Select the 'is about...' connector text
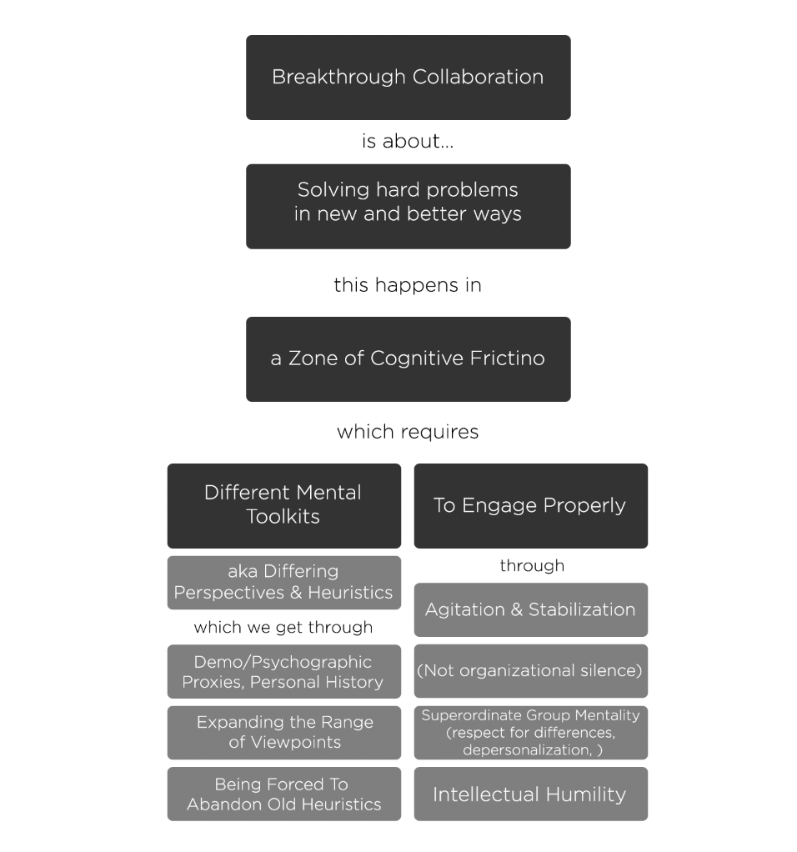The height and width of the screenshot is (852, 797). coord(408,142)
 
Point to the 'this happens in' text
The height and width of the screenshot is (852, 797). coord(408,285)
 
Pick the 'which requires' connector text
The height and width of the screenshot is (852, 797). coord(408,432)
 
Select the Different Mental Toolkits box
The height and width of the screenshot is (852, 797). coord(283,505)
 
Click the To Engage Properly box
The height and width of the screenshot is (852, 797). coord(530,505)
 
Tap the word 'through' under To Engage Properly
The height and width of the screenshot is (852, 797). coord(532,566)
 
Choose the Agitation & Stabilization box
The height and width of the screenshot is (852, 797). coord(530,609)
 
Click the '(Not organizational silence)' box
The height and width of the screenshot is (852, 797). coord(530,670)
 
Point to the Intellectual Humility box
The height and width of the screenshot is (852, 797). coord(530,794)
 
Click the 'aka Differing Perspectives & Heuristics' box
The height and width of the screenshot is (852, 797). coord(283,583)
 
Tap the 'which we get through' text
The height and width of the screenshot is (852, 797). coord(283,627)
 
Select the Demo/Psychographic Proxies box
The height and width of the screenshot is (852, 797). coord(283,672)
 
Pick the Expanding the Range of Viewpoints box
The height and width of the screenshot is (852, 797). coord(283,733)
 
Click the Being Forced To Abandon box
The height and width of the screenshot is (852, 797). coord(283,794)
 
